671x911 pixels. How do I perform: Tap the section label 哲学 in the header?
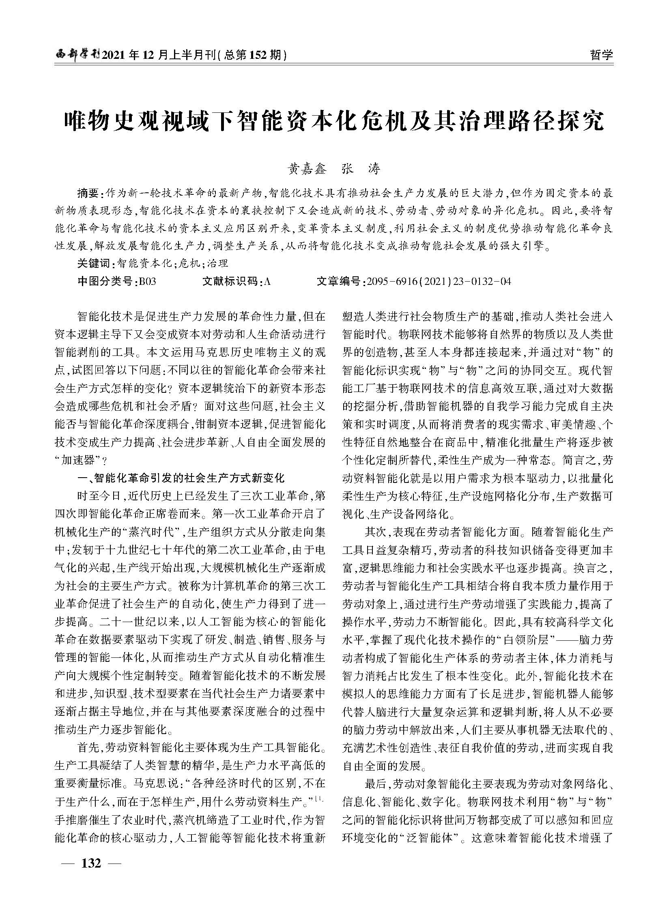click(601, 54)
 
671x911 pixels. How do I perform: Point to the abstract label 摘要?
click(87, 192)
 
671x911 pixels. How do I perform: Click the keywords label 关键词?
click(93, 263)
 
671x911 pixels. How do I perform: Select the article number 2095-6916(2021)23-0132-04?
click(438, 281)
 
